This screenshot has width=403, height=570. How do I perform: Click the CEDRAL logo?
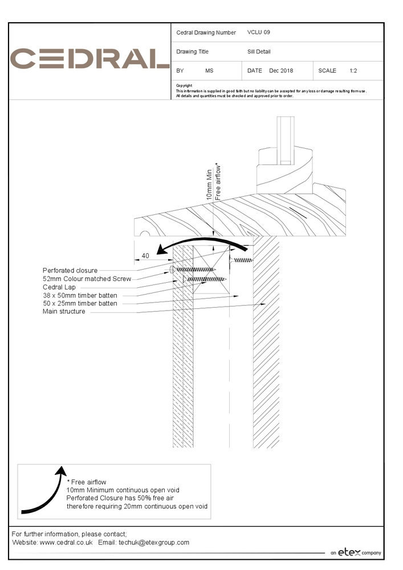(90, 59)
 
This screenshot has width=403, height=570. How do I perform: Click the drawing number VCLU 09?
(259, 32)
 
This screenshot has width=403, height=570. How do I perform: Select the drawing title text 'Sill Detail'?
(259, 52)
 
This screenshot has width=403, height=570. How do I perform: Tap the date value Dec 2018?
(281, 71)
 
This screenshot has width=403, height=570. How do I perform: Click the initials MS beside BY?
(209, 71)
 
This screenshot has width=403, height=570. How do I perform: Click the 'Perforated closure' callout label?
(70, 270)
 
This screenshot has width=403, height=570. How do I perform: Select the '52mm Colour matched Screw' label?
(87, 279)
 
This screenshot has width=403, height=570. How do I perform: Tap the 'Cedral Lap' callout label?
(60, 287)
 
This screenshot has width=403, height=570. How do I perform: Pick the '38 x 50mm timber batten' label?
(80, 295)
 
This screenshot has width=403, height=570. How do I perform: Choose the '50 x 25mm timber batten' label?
(80, 303)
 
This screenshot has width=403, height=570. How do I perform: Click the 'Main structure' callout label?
(64, 311)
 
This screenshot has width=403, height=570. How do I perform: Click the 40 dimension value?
(145, 256)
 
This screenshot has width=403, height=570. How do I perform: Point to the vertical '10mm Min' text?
(209, 184)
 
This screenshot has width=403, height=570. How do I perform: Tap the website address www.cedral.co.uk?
(66, 543)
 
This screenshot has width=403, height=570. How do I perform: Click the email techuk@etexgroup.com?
(154, 543)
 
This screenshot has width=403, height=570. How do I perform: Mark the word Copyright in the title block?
(184, 85)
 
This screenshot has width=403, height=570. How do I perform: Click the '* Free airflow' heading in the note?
(87, 482)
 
